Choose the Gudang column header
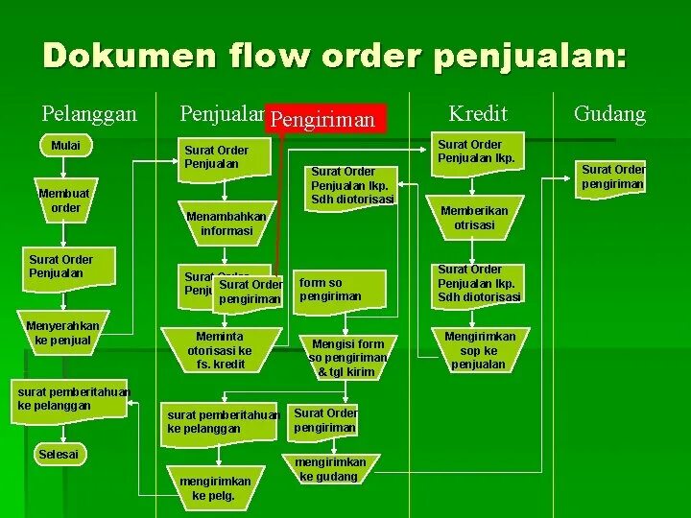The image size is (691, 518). coord(609,114)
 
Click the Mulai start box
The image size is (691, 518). coord(65,146)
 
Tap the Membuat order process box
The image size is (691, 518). coord(65,200)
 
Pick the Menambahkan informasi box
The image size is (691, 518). coord(226,224)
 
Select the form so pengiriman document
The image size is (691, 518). coord(340,289)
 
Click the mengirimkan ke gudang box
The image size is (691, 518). coord(327,469)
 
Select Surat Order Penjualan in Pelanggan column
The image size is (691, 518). coord(60,266)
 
